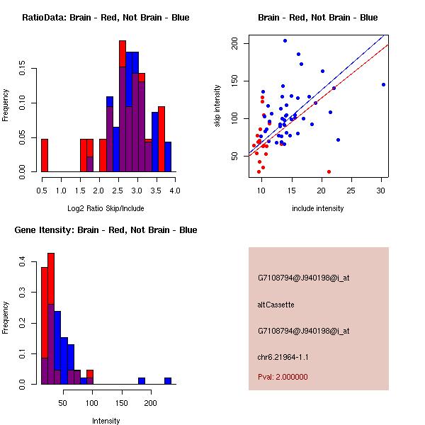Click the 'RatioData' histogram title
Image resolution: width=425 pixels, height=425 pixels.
click(x=106, y=17)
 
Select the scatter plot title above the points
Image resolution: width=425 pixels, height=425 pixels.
click(x=317, y=17)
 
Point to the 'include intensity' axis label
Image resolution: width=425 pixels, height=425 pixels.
click(x=317, y=208)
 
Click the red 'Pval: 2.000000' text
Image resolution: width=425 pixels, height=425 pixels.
click(x=283, y=377)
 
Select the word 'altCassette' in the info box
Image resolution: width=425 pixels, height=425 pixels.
click(x=276, y=305)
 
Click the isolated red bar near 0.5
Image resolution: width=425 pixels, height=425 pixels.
click(x=45, y=155)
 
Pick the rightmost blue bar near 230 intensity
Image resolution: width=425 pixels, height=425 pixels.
click(x=168, y=380)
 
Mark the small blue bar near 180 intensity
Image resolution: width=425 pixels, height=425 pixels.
click(x=142, y=380)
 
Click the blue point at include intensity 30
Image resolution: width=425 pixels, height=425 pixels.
click(x=383, y=84)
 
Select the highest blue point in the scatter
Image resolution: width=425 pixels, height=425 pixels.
click(x=285, y=40)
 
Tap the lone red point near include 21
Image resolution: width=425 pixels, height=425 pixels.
click(x=329, y=171)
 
